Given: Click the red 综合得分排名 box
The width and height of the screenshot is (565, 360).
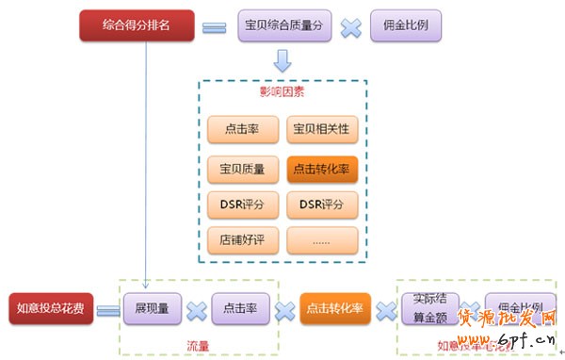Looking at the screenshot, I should tap(138, 25).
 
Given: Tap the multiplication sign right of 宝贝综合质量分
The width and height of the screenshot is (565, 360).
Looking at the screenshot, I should tap(350, 27).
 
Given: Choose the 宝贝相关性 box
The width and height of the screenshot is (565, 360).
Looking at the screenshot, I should tap(322, 129).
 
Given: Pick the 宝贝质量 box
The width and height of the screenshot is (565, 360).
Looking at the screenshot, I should tap(241, 170).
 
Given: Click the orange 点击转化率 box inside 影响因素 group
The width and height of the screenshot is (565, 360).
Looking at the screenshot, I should tap(322, 170).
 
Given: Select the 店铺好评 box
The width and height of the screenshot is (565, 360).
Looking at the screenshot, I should tap(241, 239).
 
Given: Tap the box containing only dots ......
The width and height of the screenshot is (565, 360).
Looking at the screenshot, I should tap(322, 239).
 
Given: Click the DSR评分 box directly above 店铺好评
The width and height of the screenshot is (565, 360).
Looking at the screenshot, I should tap(241, 205).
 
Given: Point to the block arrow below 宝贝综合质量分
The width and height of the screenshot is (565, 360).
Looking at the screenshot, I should tap(282, 62).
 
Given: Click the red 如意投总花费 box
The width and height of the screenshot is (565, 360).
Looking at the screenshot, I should tap(51, 308).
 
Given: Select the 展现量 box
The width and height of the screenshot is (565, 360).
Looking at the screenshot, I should tap(152, 308).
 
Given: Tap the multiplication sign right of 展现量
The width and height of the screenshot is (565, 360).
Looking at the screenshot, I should tap(196, 309).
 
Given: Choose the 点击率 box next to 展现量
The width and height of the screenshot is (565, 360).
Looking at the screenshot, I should tap(241, 308).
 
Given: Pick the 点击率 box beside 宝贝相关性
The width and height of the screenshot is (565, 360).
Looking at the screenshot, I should tap(241, 129).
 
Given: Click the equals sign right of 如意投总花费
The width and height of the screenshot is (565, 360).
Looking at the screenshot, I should tap(108, 310).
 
